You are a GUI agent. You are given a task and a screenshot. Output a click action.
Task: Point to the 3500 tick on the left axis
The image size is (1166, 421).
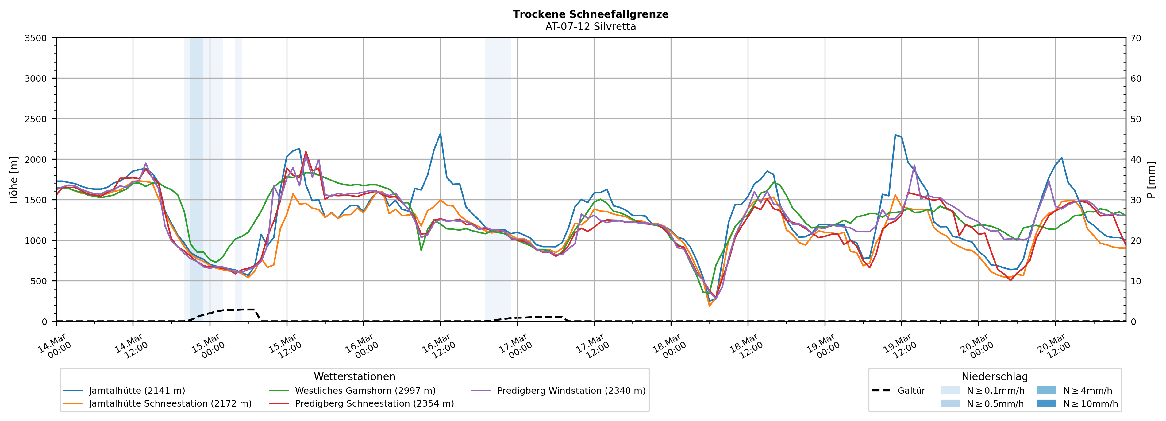(36, 38)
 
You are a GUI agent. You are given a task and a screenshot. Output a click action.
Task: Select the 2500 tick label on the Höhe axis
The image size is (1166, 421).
(36, 119)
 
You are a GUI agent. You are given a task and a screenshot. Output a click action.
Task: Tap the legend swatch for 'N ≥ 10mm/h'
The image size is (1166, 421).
(1046, 403)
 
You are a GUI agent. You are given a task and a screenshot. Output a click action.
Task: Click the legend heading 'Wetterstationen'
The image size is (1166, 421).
(354, 376)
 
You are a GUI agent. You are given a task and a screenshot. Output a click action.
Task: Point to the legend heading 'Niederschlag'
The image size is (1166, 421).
(995, 376)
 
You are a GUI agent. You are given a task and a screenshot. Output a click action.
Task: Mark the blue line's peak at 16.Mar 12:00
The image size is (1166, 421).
(441, 134)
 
